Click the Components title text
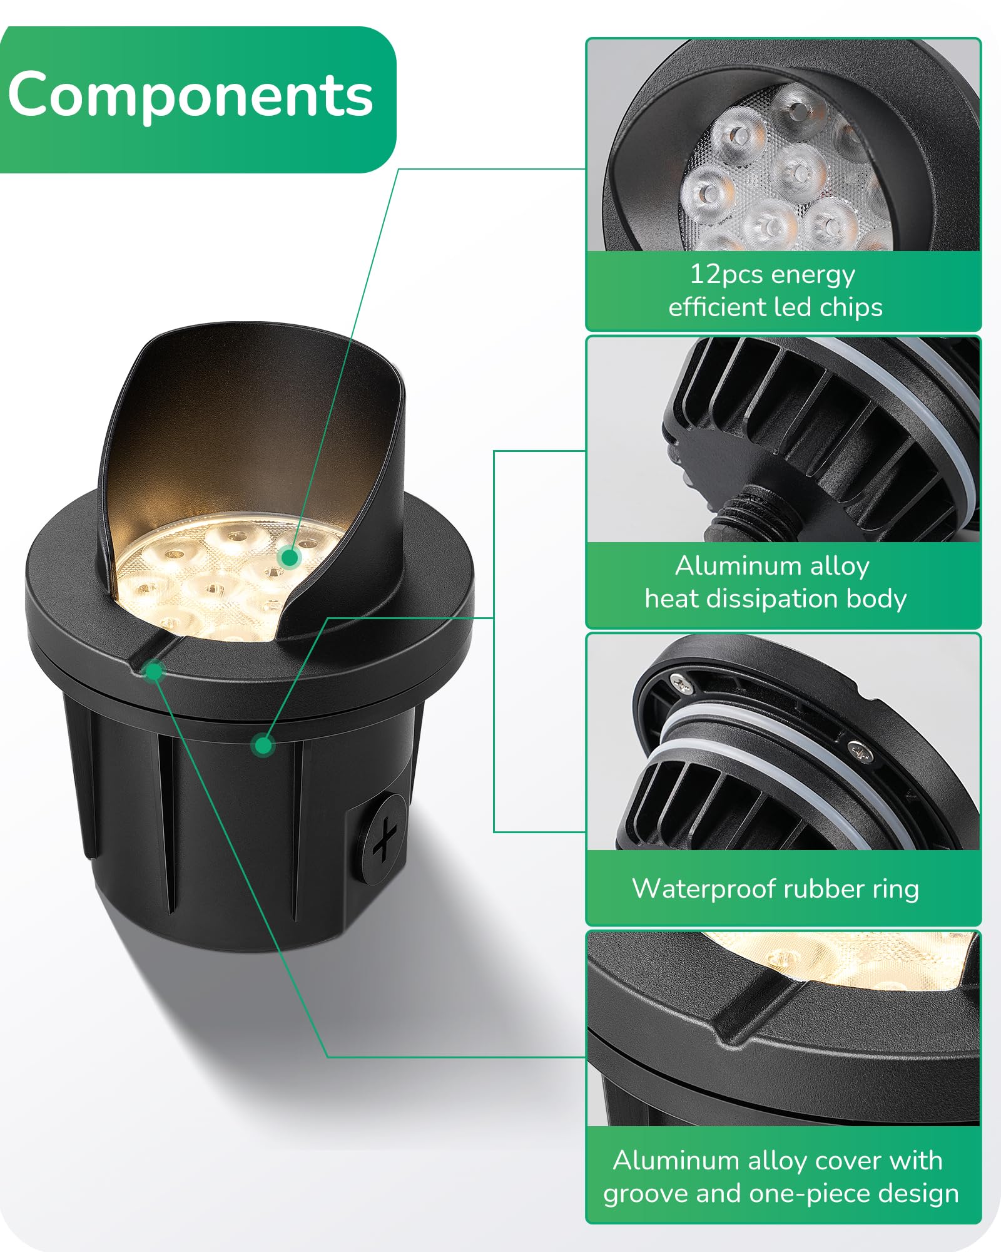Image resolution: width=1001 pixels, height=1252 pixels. [190, 95]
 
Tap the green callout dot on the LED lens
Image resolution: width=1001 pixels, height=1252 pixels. [289, 557]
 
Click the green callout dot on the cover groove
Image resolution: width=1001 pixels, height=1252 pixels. [153, 672]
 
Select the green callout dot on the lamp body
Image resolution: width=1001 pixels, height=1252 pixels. [263, 745]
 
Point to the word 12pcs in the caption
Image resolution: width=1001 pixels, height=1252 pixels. [726, 275]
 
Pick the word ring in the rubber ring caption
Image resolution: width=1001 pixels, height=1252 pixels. [897, 890]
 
